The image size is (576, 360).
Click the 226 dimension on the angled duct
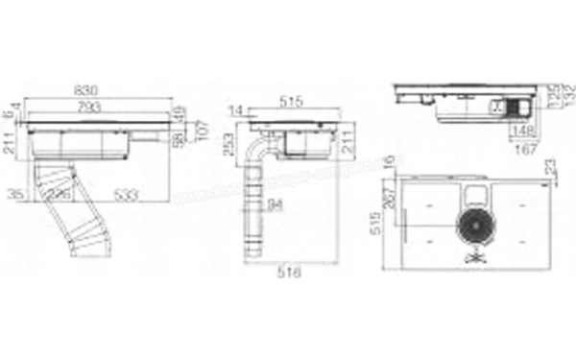click(x=61, y=195)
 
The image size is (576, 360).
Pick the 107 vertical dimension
click(x=201, y=126)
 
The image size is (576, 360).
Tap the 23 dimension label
click(x=549, y=169)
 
